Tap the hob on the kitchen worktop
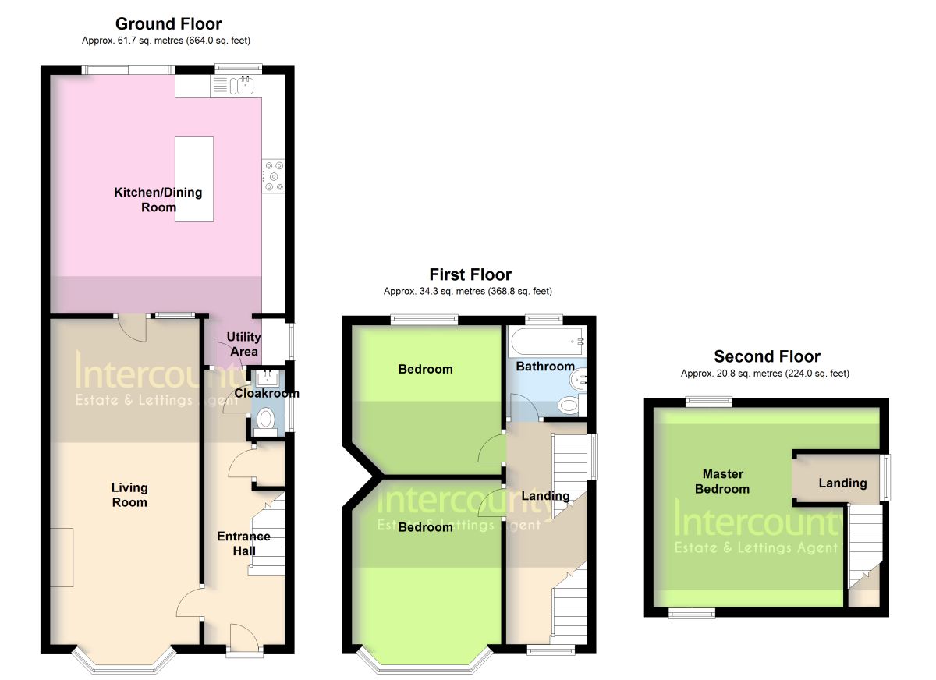[273, 176]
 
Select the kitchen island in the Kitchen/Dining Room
[194, 179]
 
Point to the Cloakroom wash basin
[266, 378]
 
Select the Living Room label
[129, 494]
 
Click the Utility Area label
[244, 344]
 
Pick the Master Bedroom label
[722, 481]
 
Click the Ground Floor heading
[168, 24]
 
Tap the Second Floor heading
[768, 356]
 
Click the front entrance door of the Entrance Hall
[244, 638]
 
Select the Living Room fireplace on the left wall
[62, 558]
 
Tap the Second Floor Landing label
[842, 483]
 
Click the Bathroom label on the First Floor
[545, 367]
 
